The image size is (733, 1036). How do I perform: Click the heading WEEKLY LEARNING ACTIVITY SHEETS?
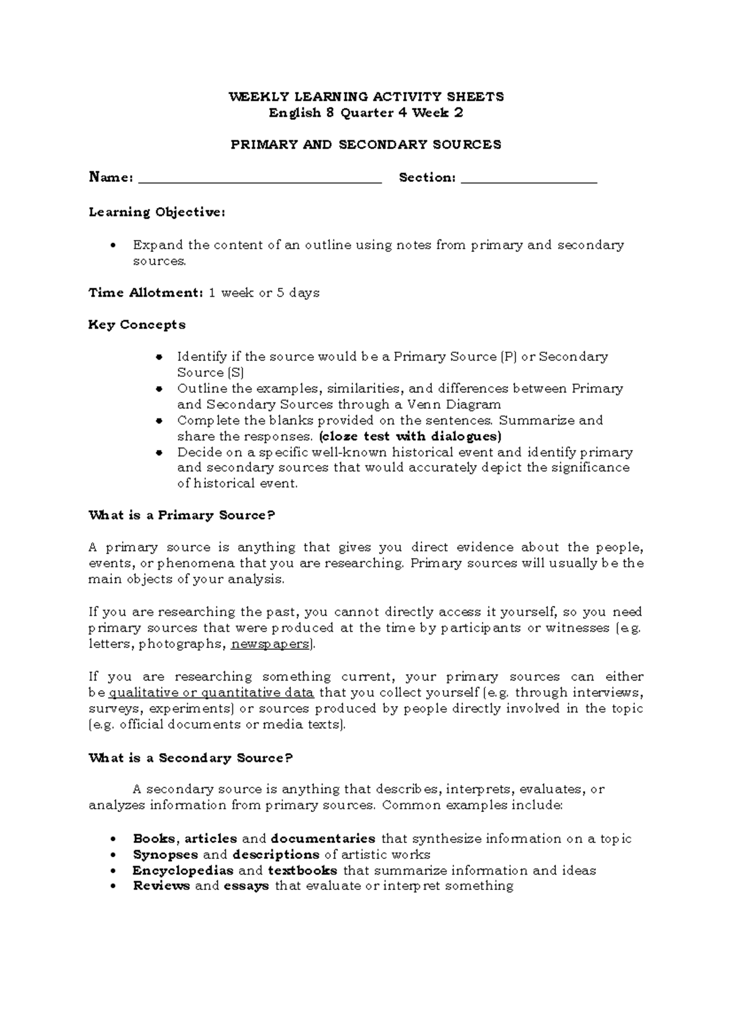pyautogui.click(x=366, y=97)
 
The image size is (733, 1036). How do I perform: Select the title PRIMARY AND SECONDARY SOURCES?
pyautogui.click(x=366, y=145)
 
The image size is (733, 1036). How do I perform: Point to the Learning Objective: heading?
pyautogui.click(x=157, y=213)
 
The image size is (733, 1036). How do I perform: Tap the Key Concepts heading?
pyautogui.click(x=137, y=325)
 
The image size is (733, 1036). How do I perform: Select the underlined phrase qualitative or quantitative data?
pyautogui.click(x=211, y=693)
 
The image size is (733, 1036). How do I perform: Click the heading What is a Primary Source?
pyautogui.click(x=182, y=516)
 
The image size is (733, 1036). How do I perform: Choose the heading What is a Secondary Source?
pyautogui.click(x=191, y=758)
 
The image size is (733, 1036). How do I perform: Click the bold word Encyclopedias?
pyautogui.click(x=183, y=870)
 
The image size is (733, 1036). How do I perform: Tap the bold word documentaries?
pyautogui.click(x=323, y=839)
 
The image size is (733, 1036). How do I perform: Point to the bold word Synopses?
pyautogui.click(x=166, y=855)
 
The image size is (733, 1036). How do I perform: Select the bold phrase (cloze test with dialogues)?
pyautogui.click(x=410, y=436)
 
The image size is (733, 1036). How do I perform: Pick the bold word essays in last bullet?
pyautogui.click(x=247, y=886)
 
